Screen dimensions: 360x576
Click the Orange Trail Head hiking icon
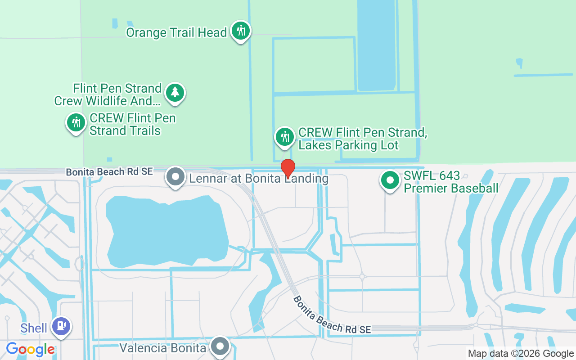(241, 31)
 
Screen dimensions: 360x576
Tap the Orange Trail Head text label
(176, 33)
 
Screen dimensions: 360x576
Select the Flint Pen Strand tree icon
(175, 93)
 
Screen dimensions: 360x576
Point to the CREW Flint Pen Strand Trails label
(132, 125)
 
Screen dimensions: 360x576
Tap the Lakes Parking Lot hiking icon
(285, 136)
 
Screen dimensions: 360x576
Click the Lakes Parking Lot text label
(362, 139)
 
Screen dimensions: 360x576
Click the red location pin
(288, 168)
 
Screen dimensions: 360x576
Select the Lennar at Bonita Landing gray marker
(175, 177)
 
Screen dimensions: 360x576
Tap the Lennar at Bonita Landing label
(259, 179)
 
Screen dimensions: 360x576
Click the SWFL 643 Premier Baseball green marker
(390, 180)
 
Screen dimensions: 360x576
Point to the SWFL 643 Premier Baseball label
(451, 182)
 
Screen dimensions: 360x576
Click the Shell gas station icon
(61, 326)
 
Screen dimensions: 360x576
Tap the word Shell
(34, 328)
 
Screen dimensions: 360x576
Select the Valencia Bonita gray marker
(220, 347)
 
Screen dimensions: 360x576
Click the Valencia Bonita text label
(163, 348)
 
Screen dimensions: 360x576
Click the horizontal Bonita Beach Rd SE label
(109, 171)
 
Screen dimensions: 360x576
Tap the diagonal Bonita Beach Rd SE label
(332, 315)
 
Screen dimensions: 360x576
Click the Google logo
(31, 349)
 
